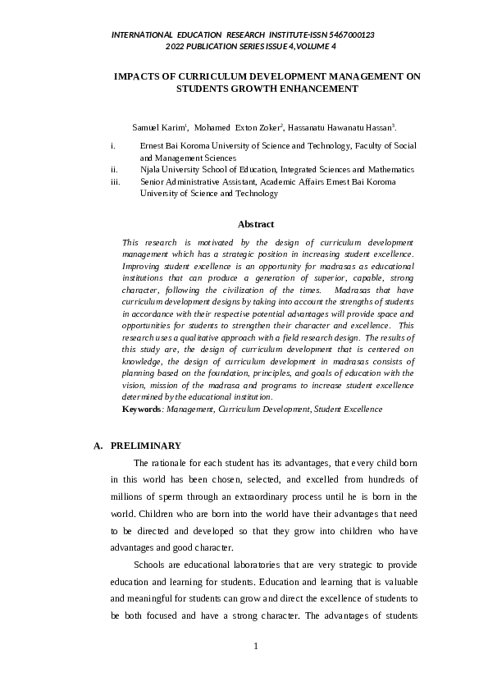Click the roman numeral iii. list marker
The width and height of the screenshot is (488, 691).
(115, 181)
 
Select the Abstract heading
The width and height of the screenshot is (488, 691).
(256, 224)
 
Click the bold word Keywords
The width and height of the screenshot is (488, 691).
(141, 409)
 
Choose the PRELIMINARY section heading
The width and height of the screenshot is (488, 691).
(146, 446)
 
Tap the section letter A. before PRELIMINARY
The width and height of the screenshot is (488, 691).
(98, 446)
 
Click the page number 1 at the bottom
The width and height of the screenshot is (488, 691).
(256, 646)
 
